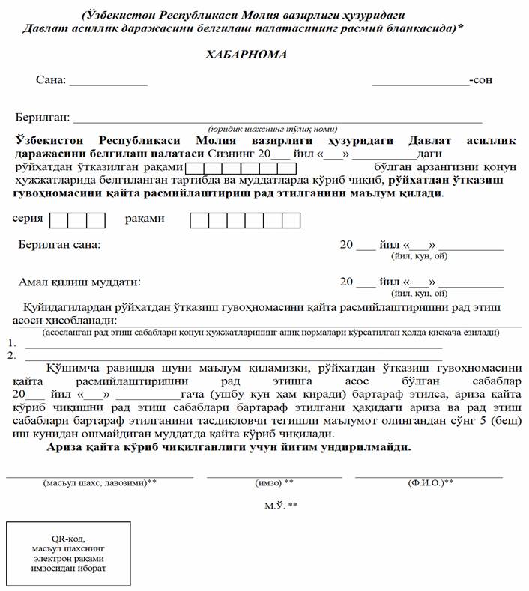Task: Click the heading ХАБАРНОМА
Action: pos(246,55)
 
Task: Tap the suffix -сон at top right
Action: pos(480,80)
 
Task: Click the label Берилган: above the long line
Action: pos(43,117)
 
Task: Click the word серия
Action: pos(28,219)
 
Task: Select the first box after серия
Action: pos(58,220)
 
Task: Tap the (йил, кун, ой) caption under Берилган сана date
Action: pos(419,255)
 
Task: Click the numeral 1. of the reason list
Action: pos(11,343)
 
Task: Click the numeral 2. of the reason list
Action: pos(11,355)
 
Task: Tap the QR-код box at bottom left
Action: pos(69,554)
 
